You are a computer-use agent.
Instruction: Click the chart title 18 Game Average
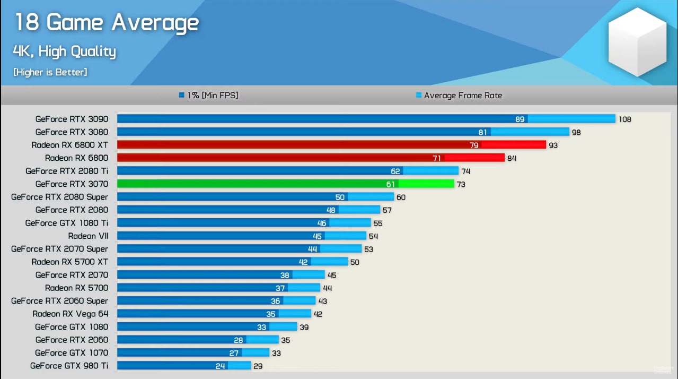click(106, 23)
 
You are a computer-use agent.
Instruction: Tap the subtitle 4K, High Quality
click(64, 51)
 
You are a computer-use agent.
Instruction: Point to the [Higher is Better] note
click(50, 72)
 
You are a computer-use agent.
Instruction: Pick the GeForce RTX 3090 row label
click(72, 119)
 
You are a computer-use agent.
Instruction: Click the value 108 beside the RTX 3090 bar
click(625, 119)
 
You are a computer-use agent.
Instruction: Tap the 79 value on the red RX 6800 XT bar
click(474, 145)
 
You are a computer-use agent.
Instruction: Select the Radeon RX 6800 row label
click(76, 158)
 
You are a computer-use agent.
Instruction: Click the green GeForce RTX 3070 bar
click(265, 184)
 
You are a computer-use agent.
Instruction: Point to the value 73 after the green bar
click(461, 184)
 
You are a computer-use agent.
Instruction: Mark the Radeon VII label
click(88, 236)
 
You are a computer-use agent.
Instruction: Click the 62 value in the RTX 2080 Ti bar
click(395, 171)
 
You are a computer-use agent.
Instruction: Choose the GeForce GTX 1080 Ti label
click(67, 223)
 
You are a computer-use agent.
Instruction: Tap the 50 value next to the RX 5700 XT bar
click(354, 262)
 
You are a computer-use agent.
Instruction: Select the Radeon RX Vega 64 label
click(70, 314)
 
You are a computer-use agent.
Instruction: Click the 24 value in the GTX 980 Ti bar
click(220, 366)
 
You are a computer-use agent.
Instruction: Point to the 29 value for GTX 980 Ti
click(258, 366)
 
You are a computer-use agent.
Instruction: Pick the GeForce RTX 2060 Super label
click(59, 301)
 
